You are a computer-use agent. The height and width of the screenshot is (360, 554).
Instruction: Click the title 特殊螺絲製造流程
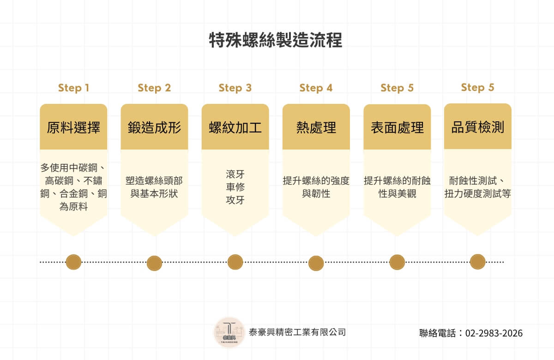[276, 41]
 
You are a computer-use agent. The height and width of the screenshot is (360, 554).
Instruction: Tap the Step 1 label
[73, 88]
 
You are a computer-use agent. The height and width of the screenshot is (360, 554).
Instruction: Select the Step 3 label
[235, 88]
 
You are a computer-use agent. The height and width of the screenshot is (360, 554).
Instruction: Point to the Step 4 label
[316, 88]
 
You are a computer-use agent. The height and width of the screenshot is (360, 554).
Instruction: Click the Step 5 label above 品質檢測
[477, 87]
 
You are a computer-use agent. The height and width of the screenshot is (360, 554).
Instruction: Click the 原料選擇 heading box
[73, 127]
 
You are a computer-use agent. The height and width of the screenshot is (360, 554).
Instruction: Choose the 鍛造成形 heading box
[154, 127]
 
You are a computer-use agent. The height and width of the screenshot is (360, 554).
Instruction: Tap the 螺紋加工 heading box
[235, 127]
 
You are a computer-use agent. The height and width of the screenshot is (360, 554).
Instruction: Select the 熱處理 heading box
[316, 127]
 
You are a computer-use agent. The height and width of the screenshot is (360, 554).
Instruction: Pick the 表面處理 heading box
[397, 127]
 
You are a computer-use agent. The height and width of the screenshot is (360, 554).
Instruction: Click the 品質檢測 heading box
[477, 127]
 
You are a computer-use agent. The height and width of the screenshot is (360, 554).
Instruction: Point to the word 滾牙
[235, 174]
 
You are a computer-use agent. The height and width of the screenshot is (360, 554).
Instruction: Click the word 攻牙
[235, 200]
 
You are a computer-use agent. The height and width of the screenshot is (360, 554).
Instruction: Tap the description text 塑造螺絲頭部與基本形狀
[154, 187]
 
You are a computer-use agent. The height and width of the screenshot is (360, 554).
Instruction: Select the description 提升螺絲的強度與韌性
[316, 187]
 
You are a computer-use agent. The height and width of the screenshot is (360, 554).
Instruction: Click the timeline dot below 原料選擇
[73, 262]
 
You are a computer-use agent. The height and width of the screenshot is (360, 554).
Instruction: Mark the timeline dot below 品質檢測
[477, 262]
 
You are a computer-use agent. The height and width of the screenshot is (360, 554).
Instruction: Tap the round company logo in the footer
[229, 332]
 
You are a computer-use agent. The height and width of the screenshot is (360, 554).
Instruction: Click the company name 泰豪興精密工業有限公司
[297, 332]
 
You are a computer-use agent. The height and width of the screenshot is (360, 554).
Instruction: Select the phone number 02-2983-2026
[494, 333]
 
